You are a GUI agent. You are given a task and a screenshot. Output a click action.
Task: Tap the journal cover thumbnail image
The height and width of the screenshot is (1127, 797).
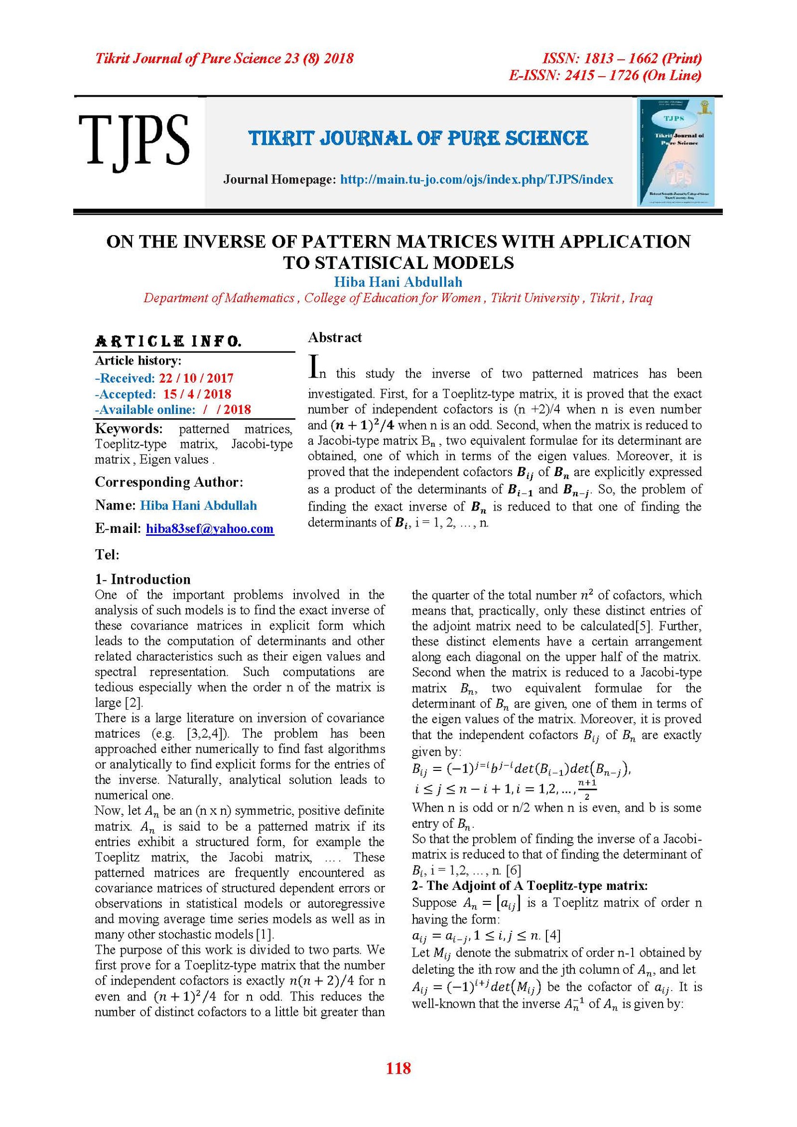(x=675, y=152)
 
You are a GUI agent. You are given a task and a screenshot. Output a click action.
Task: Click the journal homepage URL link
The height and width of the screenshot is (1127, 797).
(x=476, y=179)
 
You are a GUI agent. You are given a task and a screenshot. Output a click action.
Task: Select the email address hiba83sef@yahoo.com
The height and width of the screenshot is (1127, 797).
(x=210, y=528)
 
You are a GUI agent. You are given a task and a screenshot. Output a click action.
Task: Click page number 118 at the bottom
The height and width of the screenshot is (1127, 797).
(x=398, y=1068)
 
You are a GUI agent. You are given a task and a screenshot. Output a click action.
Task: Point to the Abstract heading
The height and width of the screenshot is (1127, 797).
(x=335, y=338)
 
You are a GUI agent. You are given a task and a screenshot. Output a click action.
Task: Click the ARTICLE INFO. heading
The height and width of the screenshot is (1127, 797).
(x=168, y=341)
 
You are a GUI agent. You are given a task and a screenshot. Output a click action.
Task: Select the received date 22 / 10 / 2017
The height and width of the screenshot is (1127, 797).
(x=196, y=378)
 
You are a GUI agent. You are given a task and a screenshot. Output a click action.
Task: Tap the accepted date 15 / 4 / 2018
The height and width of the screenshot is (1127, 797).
(x=197, y=394)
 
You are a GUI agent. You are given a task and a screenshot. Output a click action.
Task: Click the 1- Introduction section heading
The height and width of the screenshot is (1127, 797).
(x=143, y=579)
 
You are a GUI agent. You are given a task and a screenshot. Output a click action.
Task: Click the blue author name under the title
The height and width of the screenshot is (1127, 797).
(x=398, y=282)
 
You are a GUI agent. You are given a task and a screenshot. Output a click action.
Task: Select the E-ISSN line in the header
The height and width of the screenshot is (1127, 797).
(x=605, y=75)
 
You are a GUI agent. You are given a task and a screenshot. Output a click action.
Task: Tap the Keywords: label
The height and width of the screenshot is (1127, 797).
(x=129, y=428)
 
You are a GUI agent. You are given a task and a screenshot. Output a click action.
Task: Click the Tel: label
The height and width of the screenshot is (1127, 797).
(x=107, y=554)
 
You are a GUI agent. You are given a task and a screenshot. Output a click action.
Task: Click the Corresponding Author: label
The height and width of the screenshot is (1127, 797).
(x=169, y=482)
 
